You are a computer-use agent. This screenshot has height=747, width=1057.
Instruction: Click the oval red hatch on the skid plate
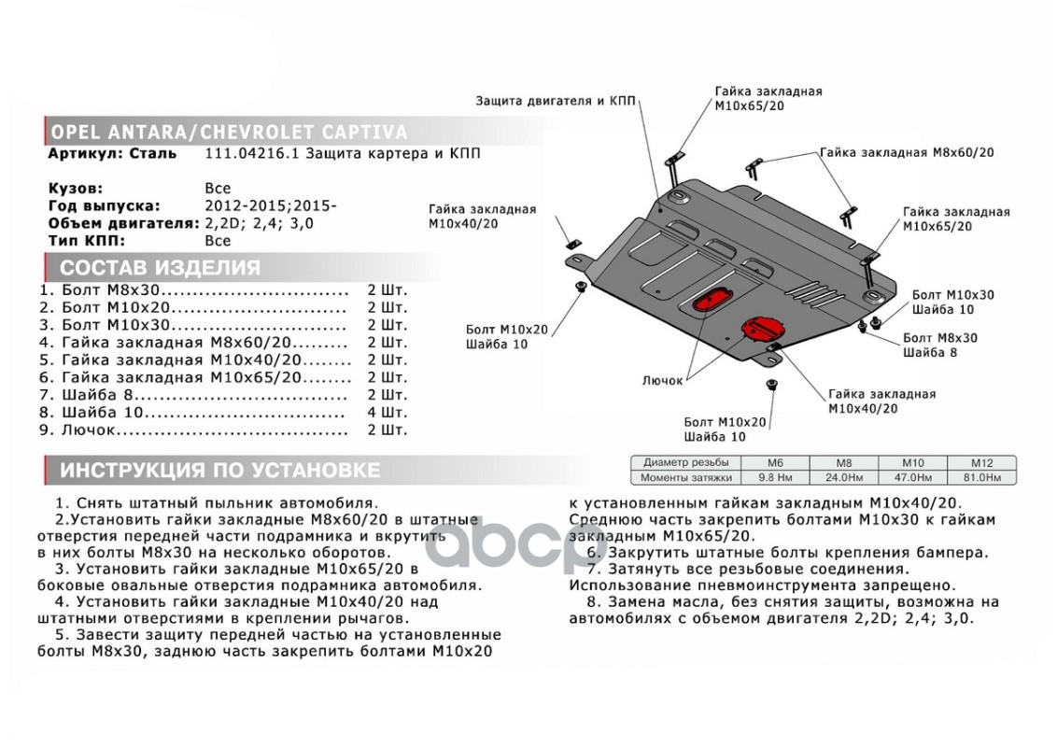point(712,301)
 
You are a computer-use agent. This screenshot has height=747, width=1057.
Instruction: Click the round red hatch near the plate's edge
point(762,329)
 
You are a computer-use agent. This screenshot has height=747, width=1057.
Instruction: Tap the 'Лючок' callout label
point(663,381)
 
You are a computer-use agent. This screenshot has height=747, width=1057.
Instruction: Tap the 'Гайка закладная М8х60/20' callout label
point(907,152)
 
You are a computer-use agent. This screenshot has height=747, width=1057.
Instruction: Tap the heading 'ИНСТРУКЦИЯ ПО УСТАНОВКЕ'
point(220,469)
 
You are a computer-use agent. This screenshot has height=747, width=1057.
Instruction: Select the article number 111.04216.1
point(248,154)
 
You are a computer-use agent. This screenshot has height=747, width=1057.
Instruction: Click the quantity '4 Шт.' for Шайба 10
point(388,413)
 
